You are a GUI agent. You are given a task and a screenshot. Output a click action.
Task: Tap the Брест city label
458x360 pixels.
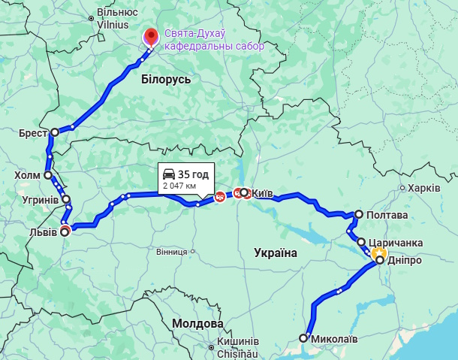34,132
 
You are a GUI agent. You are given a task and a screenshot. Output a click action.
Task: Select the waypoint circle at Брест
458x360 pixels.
55,132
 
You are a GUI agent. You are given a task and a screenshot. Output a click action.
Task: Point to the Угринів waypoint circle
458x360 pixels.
66,199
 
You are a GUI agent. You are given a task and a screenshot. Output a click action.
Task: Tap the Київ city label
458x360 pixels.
262,193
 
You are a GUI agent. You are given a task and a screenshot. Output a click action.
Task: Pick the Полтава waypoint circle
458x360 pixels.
359,214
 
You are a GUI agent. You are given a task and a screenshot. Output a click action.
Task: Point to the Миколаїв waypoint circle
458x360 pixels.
303,338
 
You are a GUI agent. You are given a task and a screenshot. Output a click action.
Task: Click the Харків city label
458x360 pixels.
424,188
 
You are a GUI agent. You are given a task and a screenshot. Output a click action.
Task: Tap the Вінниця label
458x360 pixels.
172,252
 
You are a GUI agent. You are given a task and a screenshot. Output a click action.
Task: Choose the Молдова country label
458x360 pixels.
197,324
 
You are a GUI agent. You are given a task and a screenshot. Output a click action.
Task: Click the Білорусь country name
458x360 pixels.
166,79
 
